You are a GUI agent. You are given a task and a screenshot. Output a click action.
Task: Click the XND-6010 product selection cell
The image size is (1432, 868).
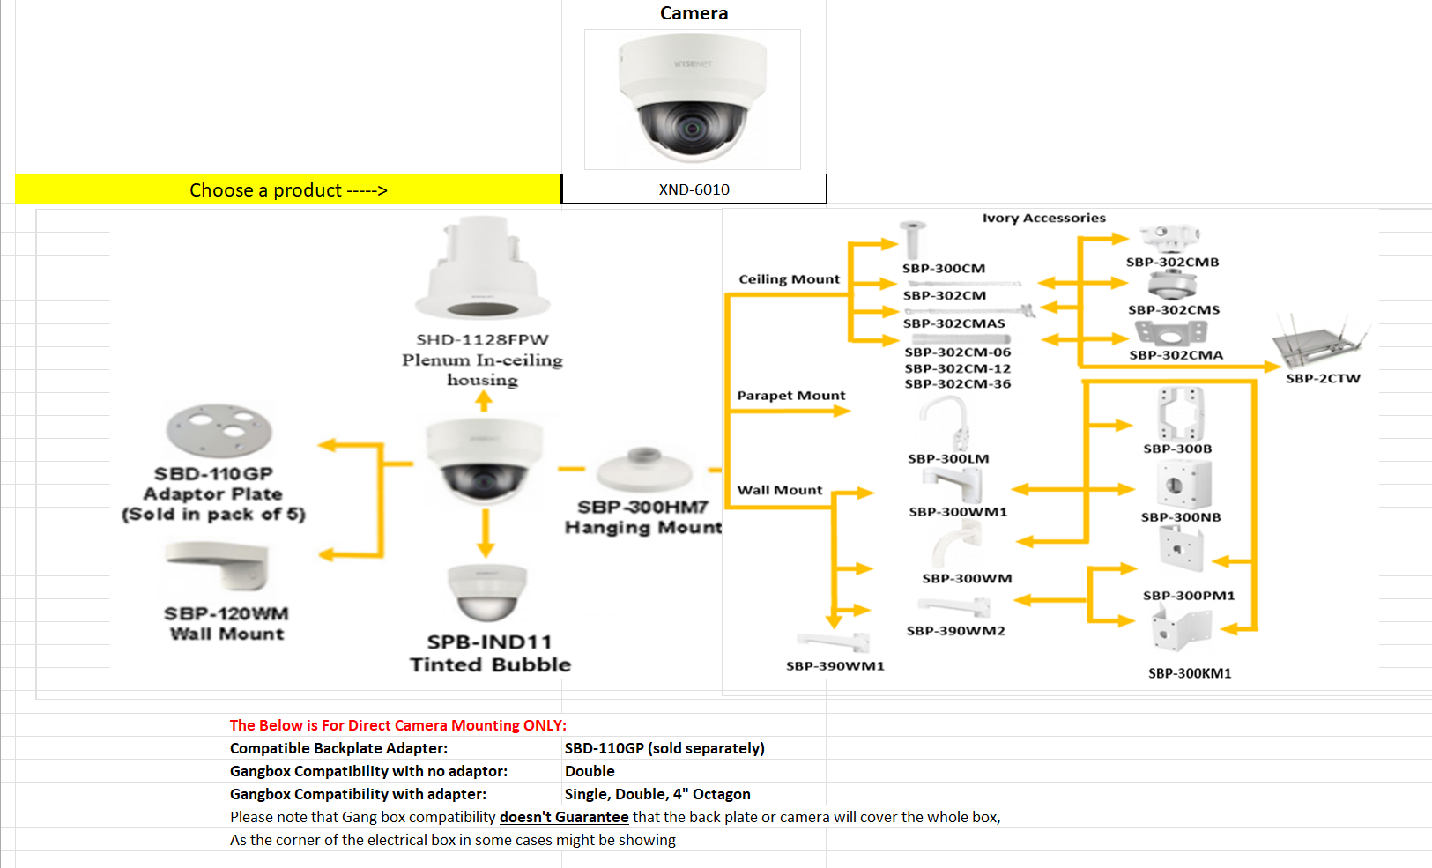[694, 189]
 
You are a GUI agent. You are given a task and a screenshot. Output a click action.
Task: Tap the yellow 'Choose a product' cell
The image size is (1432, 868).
[288, 189]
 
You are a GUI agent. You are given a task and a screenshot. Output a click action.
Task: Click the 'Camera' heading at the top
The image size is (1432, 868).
[694, 13]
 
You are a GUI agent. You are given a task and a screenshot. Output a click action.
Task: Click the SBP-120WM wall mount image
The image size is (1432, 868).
[218, 564]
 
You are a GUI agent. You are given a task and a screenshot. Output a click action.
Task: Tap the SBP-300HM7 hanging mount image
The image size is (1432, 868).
[642, 470]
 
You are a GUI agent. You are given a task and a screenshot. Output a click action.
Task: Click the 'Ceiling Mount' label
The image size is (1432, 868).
[789, 279]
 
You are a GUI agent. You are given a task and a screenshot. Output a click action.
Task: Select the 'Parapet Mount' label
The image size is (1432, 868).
[790, 396]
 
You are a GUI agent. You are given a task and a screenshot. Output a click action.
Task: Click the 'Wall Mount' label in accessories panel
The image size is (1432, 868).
[779, 490]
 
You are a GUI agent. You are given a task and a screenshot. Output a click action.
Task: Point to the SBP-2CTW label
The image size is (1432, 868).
[1323, 379]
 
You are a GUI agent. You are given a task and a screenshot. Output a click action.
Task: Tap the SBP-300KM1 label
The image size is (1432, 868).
[1189, 673]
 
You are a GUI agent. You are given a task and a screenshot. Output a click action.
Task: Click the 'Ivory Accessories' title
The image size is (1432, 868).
[1043, 218]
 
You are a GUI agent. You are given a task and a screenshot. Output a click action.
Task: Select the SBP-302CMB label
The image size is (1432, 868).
[1172, 262]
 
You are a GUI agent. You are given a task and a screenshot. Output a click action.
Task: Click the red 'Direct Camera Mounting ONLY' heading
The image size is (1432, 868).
[397, 725]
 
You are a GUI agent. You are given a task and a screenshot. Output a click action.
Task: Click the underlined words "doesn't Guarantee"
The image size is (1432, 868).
[564, 817]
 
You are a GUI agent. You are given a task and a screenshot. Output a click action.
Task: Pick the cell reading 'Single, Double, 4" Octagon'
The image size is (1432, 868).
[657, 794]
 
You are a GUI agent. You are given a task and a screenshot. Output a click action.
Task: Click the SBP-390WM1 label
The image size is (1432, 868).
[835, 666]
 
